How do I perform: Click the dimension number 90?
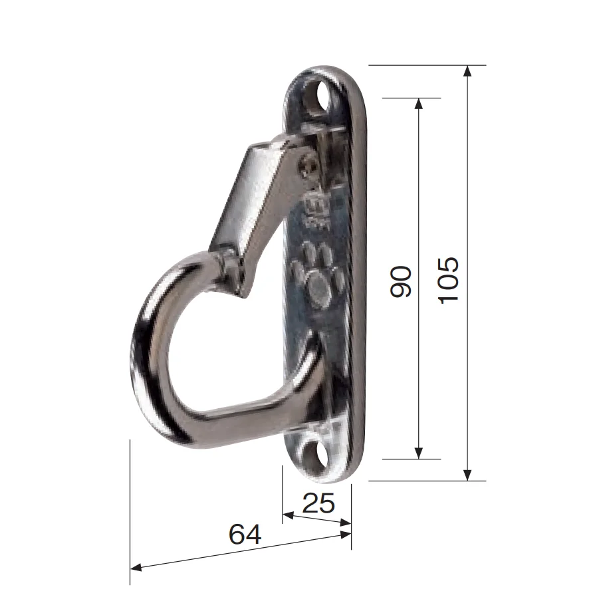pyautogui.click(x=400, y=282)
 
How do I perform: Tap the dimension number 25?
pyautogui.click(x=318, y=503)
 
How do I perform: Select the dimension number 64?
pyautogui.click(x=245, y=534)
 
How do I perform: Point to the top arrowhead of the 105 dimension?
pyautogui.click(x=467, y=71)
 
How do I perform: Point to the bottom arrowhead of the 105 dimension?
pyautogui.click(x=467, y=475)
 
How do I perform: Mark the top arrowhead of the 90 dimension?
pyautogui.click(x=418, y=104)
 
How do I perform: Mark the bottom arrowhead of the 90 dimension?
pyautogui.click(x=418, y=453)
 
